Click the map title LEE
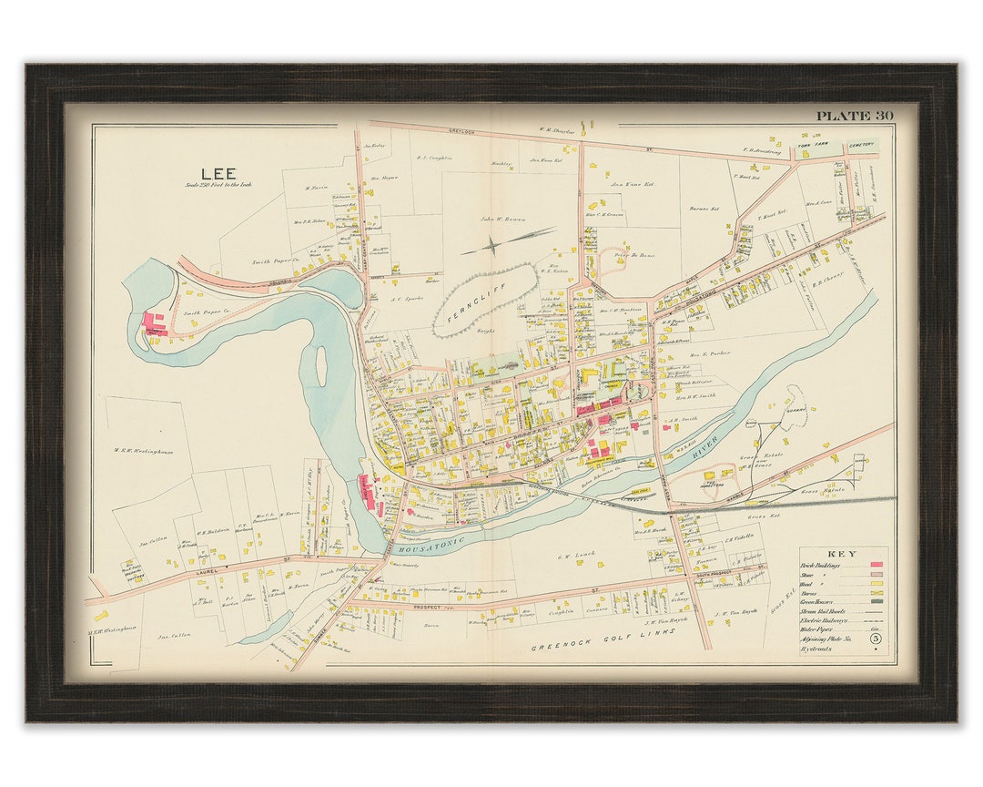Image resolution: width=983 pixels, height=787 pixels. point(218,173)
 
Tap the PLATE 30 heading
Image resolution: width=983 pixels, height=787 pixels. point(854,116)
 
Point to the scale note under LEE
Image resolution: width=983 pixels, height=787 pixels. point(218,185)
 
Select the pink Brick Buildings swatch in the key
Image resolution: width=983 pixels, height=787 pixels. point(877,565)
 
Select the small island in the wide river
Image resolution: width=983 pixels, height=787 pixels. point(320,364)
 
